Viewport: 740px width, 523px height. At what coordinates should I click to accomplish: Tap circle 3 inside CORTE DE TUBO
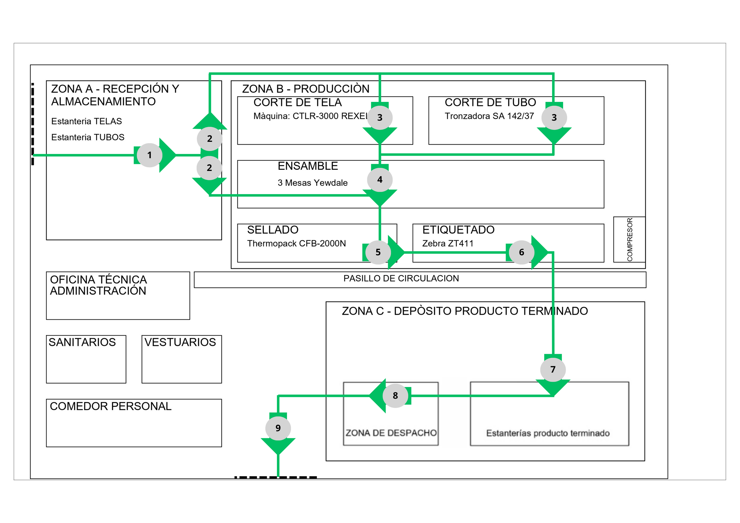[554, 118]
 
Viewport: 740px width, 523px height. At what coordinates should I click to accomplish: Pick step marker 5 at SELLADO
[378, 252]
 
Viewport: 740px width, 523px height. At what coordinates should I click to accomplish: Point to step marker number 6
[521, 252]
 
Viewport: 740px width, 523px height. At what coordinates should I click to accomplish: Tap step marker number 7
[553, 369]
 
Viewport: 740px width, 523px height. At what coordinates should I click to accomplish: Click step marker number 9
[278, 428]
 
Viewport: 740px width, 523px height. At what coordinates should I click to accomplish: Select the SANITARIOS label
[82, 342]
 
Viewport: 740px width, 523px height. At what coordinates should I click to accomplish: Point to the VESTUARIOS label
[180, 342]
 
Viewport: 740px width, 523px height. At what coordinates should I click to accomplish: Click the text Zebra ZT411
[448, 243]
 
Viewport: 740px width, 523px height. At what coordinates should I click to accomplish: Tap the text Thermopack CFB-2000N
[297, 243]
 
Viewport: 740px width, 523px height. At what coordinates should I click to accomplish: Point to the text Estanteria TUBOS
[88, 137]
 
